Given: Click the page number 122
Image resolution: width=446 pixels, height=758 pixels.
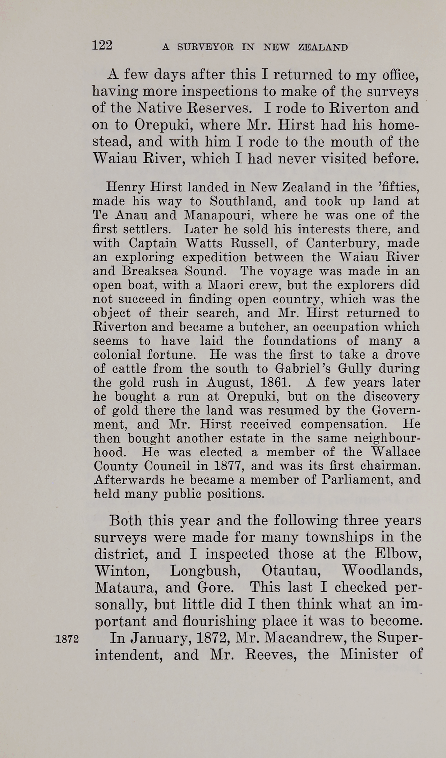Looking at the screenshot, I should pos(102,45).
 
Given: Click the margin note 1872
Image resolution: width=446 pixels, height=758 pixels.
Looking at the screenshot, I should pos(67,639).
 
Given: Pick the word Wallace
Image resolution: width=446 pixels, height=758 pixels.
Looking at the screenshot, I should pos(396,452).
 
